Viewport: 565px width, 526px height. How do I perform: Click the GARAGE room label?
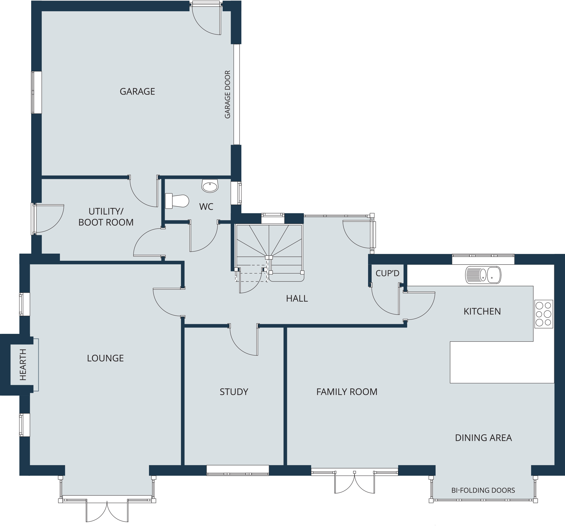[137, 92]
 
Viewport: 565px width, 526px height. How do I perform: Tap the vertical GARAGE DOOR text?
[227, 95]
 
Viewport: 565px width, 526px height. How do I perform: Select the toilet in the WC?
[177, 200]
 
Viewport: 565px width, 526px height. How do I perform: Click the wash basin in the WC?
[210, 186]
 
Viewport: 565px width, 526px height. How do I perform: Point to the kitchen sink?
[483, 275]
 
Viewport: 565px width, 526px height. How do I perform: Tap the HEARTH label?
[23, 365]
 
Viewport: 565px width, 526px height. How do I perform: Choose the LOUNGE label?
[105, 358]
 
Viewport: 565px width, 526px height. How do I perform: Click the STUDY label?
[234, 392]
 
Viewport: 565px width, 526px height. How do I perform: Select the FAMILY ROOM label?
[347, 392]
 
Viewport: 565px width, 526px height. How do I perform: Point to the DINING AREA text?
[483, 438]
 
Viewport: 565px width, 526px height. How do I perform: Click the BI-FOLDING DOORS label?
[483, 490]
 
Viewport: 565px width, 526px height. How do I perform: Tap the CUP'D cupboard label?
[387, 273]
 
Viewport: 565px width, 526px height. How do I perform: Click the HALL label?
[297, 299]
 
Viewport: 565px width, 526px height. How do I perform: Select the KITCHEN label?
[482, 311]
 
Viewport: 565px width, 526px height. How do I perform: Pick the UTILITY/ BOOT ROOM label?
[106, 217]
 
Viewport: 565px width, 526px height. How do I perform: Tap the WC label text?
[206, 206]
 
